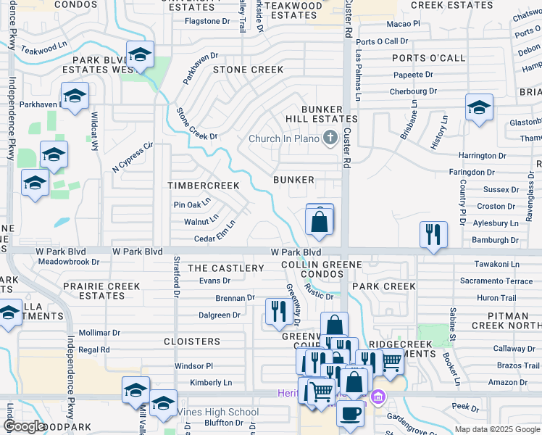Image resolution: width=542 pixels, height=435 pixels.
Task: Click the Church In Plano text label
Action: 283,139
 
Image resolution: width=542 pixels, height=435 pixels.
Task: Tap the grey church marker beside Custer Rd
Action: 330,138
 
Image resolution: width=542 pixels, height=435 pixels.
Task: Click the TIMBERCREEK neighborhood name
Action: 204,186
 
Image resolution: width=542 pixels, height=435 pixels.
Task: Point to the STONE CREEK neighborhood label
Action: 248,70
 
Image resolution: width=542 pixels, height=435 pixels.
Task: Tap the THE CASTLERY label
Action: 226,268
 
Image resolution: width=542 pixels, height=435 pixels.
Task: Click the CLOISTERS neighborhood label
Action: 192,341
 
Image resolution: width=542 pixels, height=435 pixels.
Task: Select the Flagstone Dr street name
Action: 207,21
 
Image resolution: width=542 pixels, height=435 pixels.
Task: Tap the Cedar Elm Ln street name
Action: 214,239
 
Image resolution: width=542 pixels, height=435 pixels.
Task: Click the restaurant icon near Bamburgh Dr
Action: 433,234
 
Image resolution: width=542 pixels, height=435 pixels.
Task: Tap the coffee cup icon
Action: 351,413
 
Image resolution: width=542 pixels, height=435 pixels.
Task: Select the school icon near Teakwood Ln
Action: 140,54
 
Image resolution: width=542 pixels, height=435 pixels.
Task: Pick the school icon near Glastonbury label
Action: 479,107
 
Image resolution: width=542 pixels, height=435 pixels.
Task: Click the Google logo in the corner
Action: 25,426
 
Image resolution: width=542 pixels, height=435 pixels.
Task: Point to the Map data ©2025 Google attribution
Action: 497,429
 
